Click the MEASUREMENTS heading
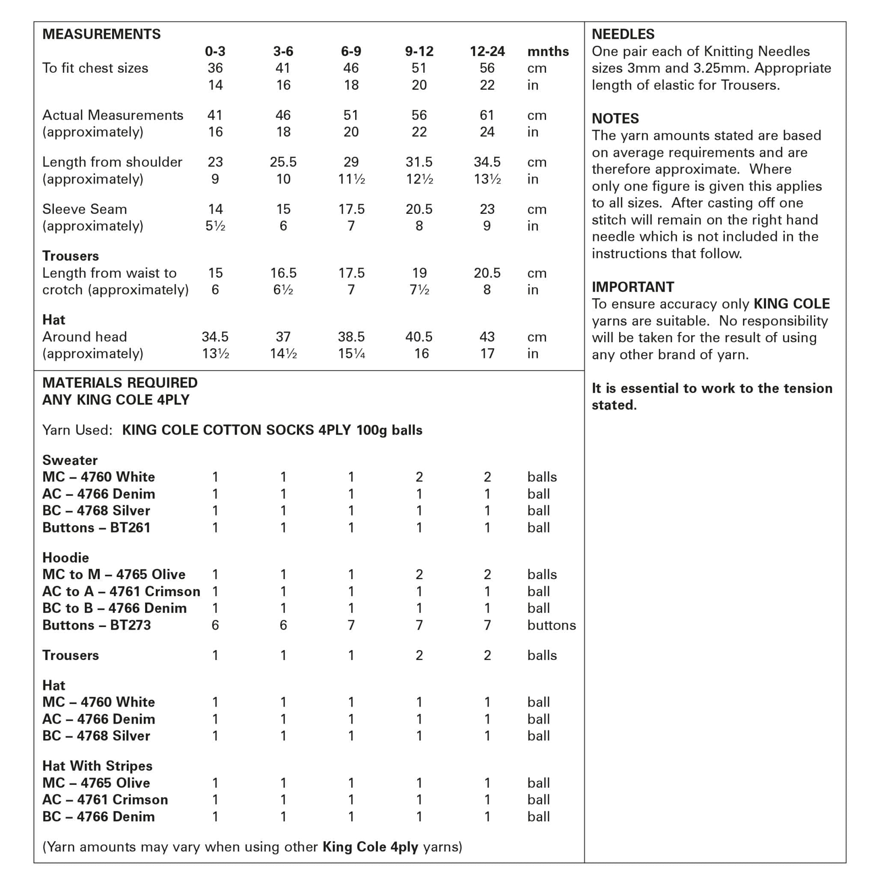click(x=101, y=35)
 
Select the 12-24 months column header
click(x=487, y=51)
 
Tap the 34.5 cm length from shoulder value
click(x=487, y=162)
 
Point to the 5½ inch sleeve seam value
click(x=215, y=226)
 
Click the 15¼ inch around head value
click(x=351, y=354)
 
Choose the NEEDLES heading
click(x=623, y=35)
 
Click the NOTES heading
click(x=615, y=119)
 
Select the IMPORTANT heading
click(x=633, y=287)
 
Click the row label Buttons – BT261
click(x=96, y=528)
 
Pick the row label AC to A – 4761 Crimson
click(x=121, y=592)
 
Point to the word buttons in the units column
click(x=551, y=625)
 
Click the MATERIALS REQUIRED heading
click(x=120, y=383)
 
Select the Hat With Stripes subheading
click(x=97, y=766)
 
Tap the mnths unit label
click(x=547, y=52)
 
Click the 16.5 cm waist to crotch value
click(x=283, y=273)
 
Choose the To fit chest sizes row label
click(x=95, y=68)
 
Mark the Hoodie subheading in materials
click(x=65, y=558)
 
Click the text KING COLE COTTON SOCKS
click(x=218, y=430)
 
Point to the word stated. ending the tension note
click(x=614, y=405)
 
